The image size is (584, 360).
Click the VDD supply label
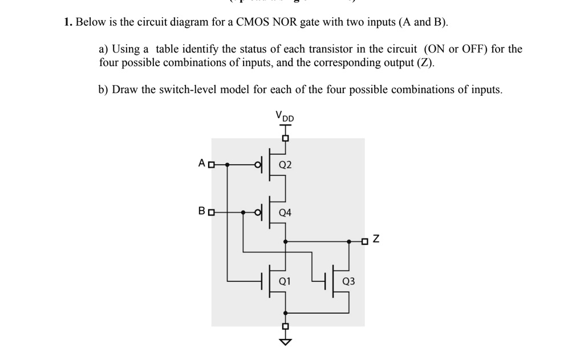tap(285, 116)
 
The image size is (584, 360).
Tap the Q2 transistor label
tap(285, 165)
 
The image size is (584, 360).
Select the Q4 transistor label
tap(285, 213)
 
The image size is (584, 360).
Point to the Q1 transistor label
tap(285, 281)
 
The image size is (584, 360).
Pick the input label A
tap(201, 164)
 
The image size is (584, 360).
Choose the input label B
tap(201, 212)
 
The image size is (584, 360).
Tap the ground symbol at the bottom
tap(285, 341)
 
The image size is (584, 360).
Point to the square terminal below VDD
tap(285, 138)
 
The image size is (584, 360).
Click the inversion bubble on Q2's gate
tap(258, 165)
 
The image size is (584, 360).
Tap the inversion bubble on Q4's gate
tap(258, 213)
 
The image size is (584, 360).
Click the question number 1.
tap(67, 23)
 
